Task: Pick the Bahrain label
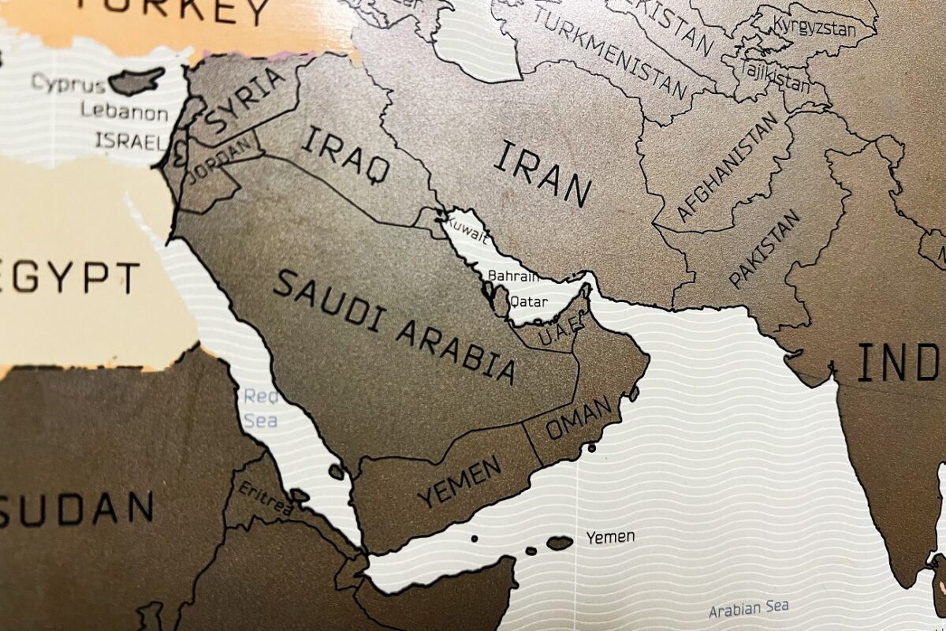(x=513, y=276)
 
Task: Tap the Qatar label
(x=529, y=301)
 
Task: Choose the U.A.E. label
(x=561, y=327)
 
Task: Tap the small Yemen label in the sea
(x=609, y=537)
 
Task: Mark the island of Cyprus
(x=136, y=80)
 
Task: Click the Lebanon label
(x=125, y=111)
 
